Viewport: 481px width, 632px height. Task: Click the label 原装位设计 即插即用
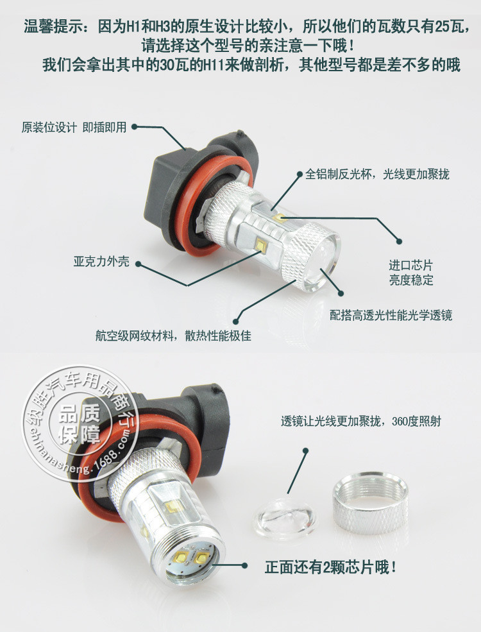74,128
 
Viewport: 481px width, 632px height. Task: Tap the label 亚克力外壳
101,262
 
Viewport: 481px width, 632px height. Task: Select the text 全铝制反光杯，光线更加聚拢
377,174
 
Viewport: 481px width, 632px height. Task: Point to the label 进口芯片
410,265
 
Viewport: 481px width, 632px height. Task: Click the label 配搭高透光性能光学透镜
391,315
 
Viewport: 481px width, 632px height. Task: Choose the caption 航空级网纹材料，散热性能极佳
174,336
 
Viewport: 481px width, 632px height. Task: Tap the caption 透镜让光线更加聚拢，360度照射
361,421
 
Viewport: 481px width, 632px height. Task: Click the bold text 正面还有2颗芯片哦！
331,567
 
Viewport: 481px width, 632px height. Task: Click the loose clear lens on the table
285,518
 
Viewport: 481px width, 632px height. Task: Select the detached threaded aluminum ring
371,502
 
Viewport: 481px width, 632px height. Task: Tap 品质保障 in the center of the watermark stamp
79,424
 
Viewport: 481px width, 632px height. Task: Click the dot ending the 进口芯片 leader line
399,241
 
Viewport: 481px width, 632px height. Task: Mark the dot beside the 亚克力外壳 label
138,264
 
